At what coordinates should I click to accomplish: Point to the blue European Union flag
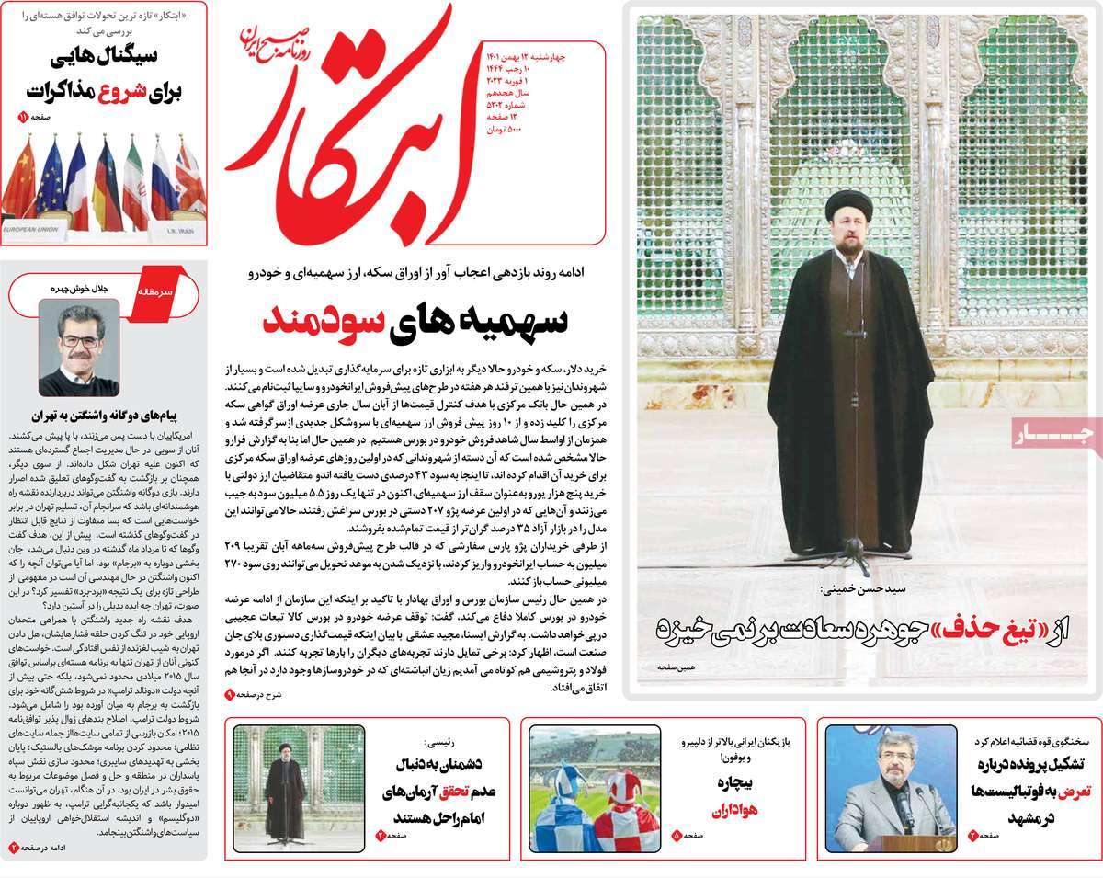pos(50,179)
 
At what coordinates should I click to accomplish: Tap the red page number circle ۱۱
pos(23,118)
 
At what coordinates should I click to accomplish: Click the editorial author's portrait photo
pos(78,347)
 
